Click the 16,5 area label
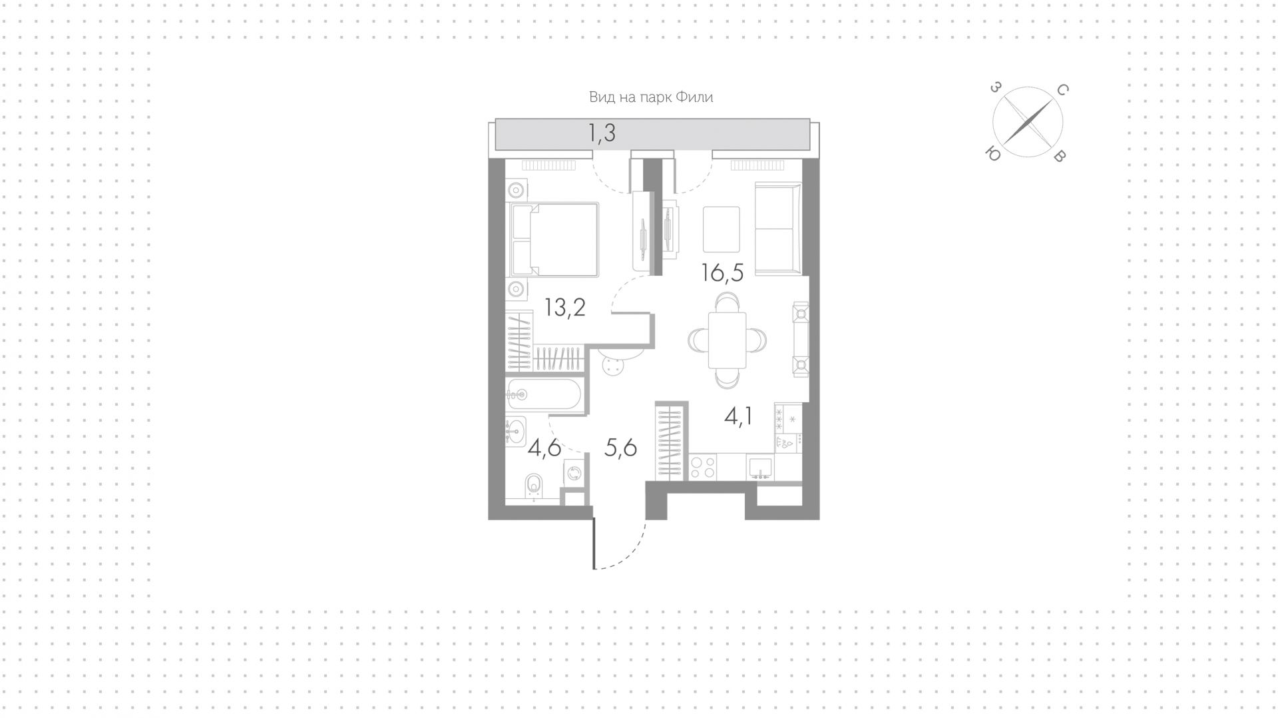coord(722,273)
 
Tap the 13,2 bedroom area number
coord(565,308)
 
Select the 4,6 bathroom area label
coord(544,448)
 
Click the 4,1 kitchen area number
coord(738,416)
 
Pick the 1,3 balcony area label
coord(602,133)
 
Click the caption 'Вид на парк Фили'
coord(651,97)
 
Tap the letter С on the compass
coord(1062,90)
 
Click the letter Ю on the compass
coord(992,154)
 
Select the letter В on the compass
coord(1061,157)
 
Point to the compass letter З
coord(995,87)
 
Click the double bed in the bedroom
coord(554,239)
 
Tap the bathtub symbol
coord(544,394)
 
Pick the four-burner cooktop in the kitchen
coord(702,467)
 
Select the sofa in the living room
coord(777,228)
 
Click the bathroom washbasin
coord(515,430)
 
